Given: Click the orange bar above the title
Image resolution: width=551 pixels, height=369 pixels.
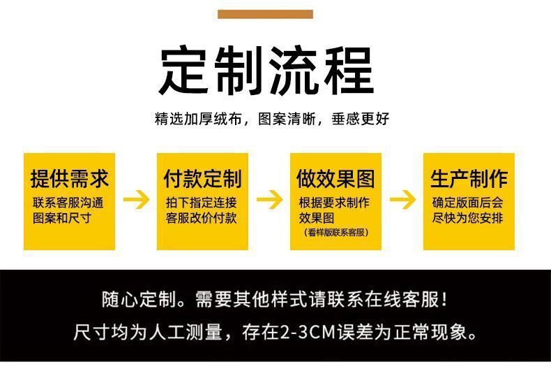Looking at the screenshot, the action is [x=265, y=14].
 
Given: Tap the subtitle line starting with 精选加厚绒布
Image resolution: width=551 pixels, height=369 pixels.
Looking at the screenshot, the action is [x=272, y=119].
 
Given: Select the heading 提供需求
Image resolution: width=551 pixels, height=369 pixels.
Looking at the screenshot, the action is [x=69, y=178].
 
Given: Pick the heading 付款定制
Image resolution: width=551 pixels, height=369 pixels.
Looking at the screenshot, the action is [x=202, y=178].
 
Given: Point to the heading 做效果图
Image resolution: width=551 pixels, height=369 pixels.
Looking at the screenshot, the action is [x=335, y=178].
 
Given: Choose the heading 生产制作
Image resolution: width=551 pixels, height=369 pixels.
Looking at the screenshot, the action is [x=469, y=178].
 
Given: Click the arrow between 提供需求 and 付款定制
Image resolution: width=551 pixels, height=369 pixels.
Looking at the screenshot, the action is [x=136, y=200].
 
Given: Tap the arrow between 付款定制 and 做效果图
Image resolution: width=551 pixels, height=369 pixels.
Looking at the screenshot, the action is [x=269, y=200].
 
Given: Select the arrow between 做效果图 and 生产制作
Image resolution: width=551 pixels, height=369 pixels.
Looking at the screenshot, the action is [x=402, y=200].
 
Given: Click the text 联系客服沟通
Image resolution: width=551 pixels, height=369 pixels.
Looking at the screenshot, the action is [x=68, y=203].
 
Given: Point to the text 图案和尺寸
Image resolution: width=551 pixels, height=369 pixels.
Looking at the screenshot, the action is [x=62, y=217].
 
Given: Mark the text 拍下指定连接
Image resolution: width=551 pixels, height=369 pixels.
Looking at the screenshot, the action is [x=201, y=203].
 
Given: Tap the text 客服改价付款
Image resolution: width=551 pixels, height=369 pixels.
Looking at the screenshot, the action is [x=201, y=217].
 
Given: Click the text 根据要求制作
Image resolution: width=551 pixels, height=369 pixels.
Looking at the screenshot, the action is [x=334, y=203].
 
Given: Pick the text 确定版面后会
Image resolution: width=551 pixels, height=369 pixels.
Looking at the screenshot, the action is [x=467, y=203].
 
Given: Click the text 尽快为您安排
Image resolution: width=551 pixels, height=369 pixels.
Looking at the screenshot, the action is [x=467, y=217].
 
